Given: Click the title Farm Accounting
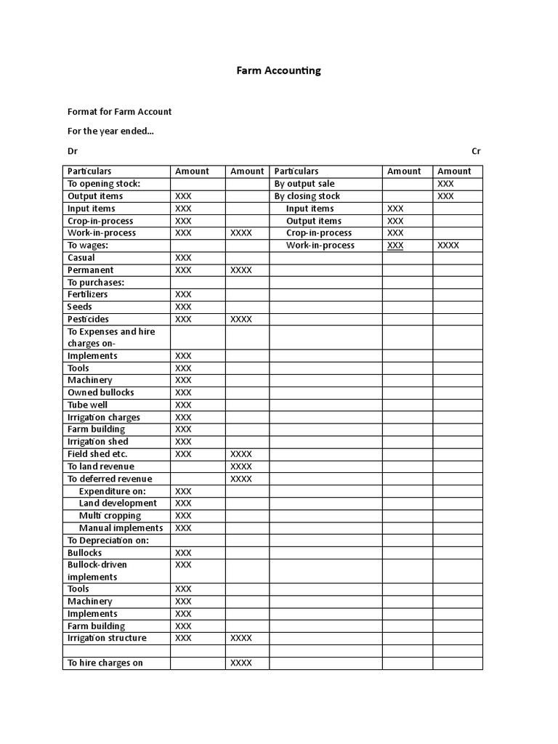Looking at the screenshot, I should (278, 70).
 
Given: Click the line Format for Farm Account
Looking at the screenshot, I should (120, 112).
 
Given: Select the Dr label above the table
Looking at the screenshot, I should (73, 151).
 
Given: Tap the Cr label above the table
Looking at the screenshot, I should (476, 151).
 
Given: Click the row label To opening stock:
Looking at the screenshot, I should (104, 184).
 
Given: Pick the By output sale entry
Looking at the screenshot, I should (304, 184).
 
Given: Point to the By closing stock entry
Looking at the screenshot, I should (307, 196).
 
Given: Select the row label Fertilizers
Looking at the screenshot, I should (88, 294).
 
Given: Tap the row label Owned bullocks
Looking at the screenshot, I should (101, 392).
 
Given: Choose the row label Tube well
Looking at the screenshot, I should (87, 405).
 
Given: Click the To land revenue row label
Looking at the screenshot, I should (101, 466).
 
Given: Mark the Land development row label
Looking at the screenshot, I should (118, 503).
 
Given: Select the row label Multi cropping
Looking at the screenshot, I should (110, 515).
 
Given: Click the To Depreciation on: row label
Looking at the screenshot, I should (108, 540).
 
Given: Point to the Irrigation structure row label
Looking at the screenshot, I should (107, 638).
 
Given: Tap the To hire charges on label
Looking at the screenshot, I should (105, 663).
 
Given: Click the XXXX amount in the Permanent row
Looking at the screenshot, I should (241, 270).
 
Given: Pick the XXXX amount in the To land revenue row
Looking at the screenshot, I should (241, 466).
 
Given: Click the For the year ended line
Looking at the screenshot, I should (110, 132).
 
